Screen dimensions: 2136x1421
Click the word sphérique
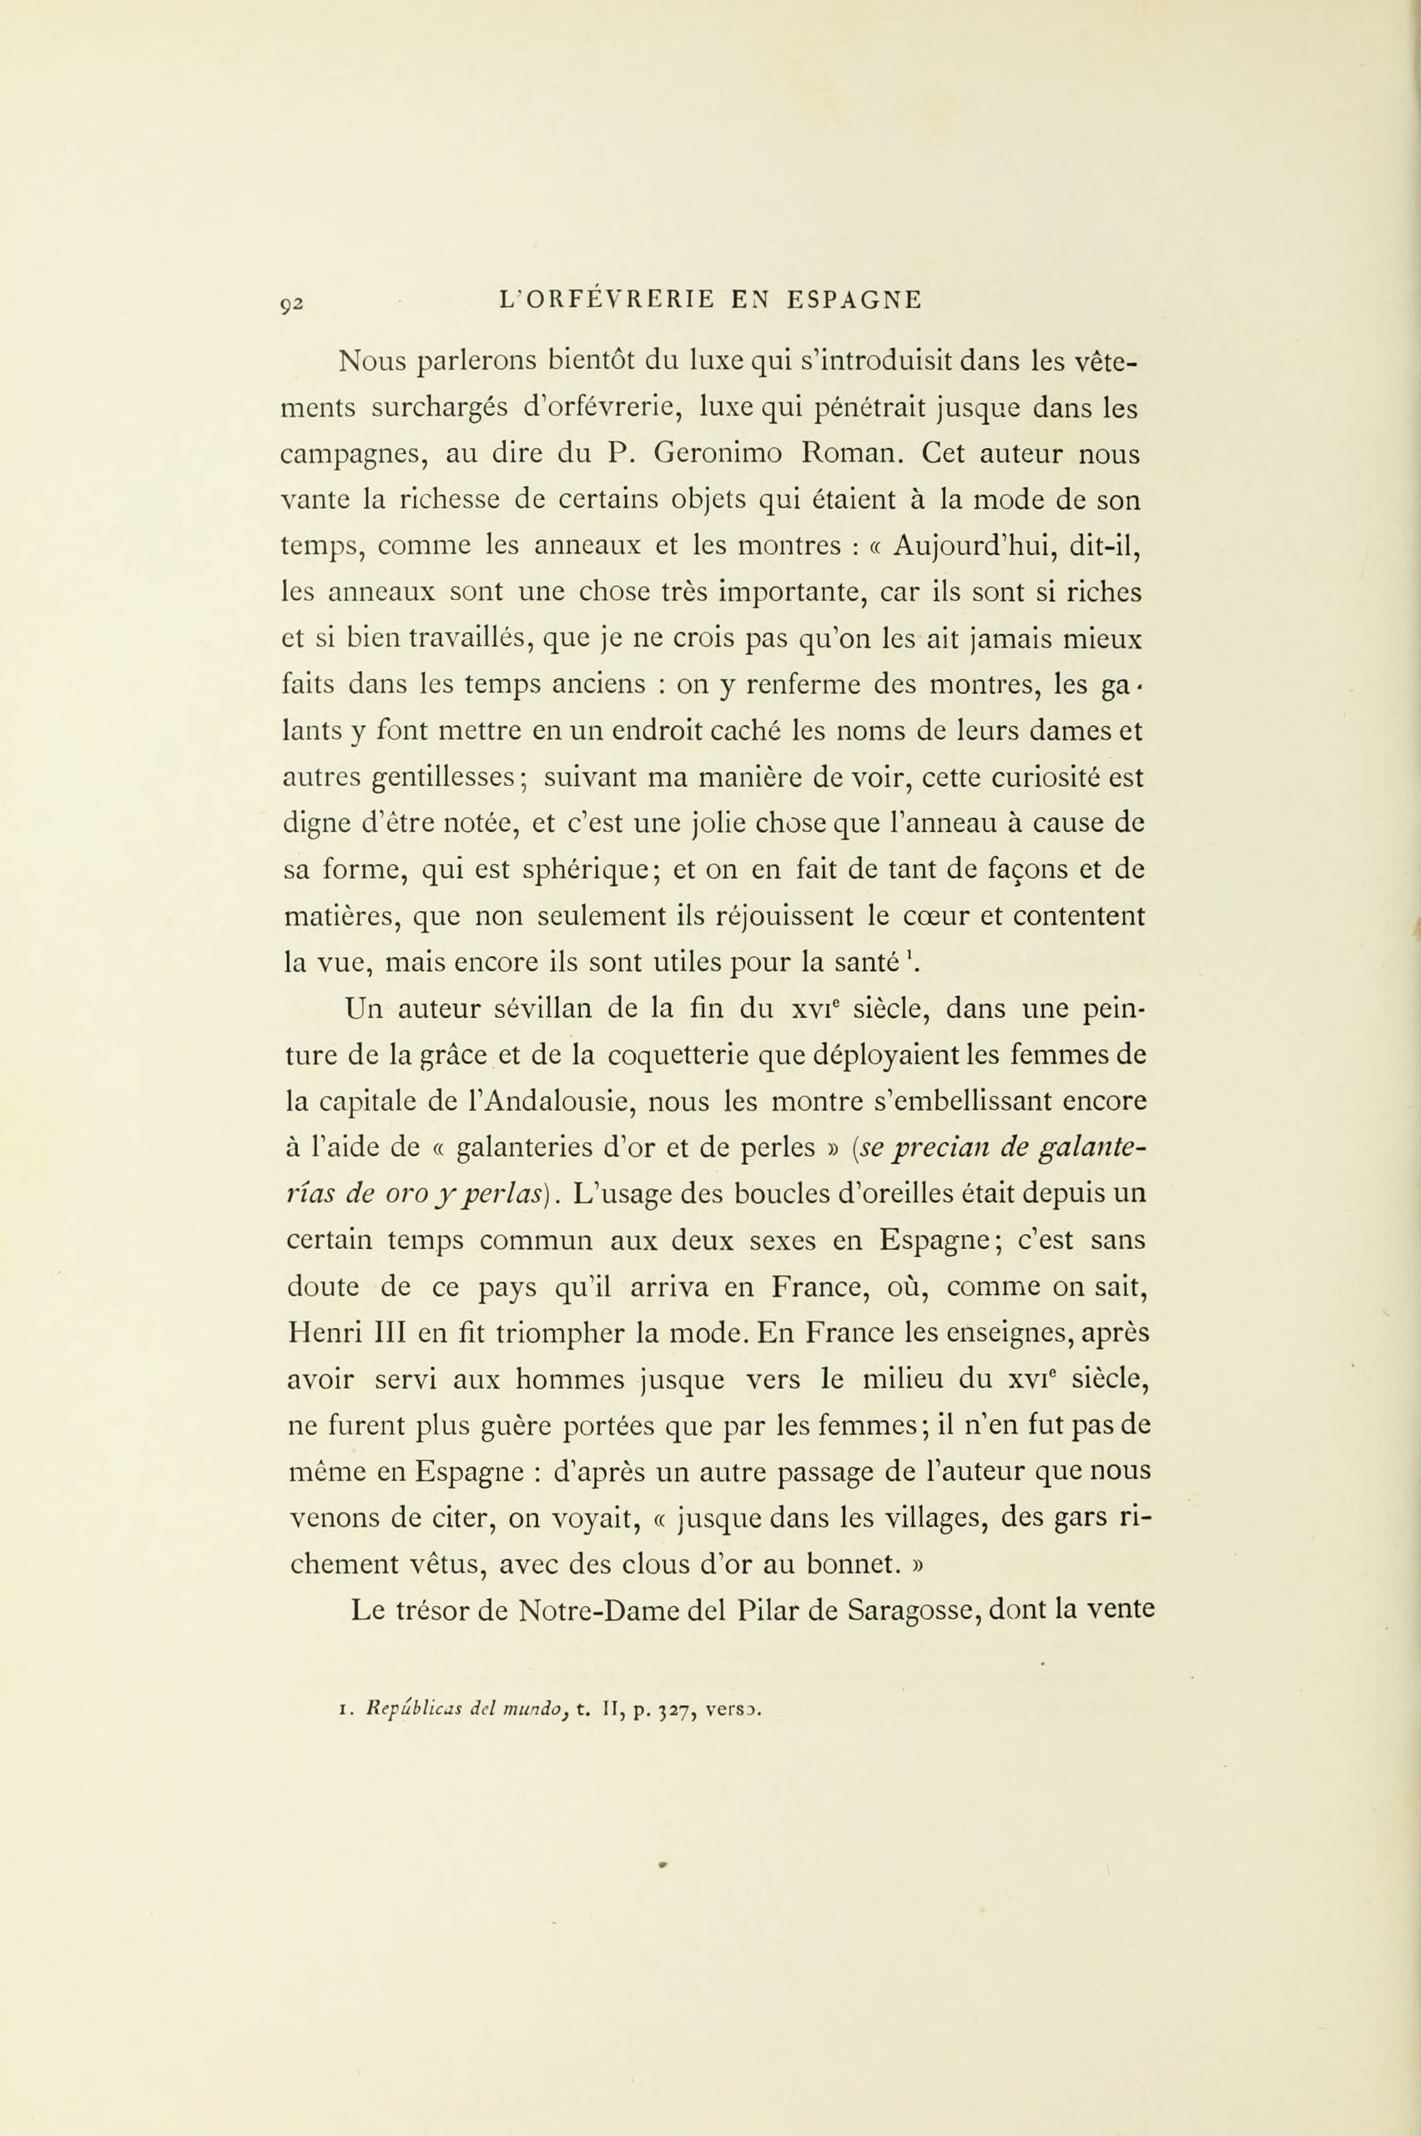pos(592,871)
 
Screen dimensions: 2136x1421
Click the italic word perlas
pos(501,1196)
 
